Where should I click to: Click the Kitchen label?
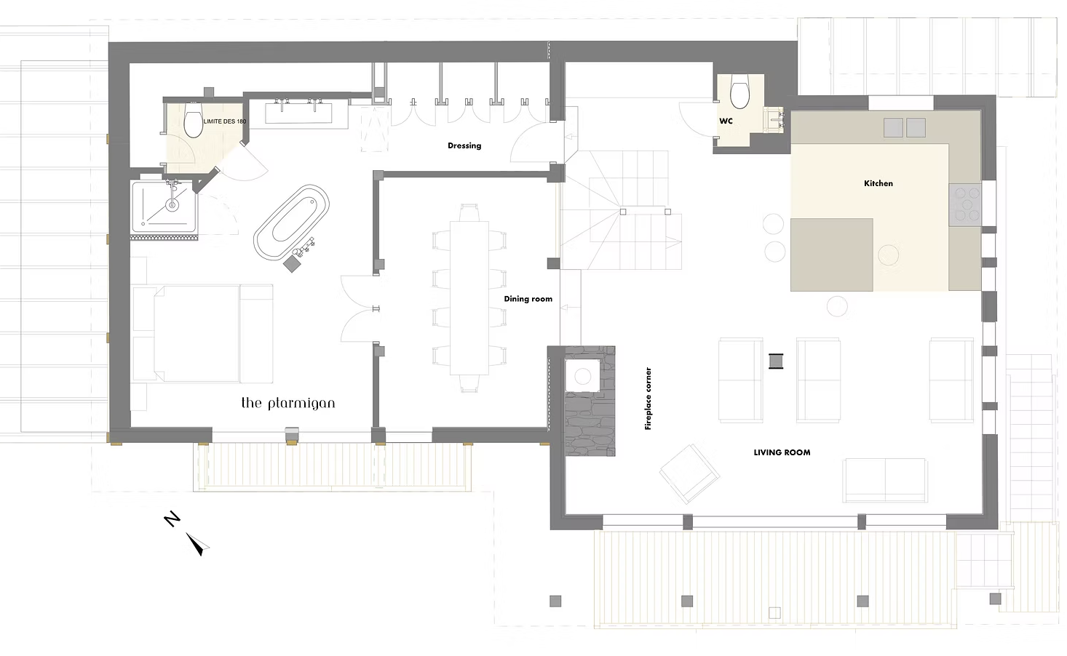[x=878, y=183]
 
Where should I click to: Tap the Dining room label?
[x=528, y=299]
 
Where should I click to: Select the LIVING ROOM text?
[x=782, y=452]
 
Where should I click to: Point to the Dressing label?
[x=464, y=145]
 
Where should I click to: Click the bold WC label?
[x=726, y=121]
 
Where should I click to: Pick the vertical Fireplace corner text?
[x=648, y=399]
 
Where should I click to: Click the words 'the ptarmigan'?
[x=288, y=403]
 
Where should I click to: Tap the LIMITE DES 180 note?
[x=225, y=121]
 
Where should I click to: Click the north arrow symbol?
[x=198, y=544]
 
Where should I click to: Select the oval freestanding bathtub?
[x=292, y=223]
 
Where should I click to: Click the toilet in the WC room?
[x=739, y=95]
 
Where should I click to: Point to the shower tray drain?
[x=172, y=205]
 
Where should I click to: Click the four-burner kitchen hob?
[x=965, y=204]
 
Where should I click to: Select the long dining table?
[x=469, y=298]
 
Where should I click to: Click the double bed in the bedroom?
[x=202, y=334]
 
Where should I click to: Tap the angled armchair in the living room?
[x=690, y=473]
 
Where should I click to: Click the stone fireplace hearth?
[x=590, y=401]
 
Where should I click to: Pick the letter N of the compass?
[x=172, y=519]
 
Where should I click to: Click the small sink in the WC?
[x=774, y=119]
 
